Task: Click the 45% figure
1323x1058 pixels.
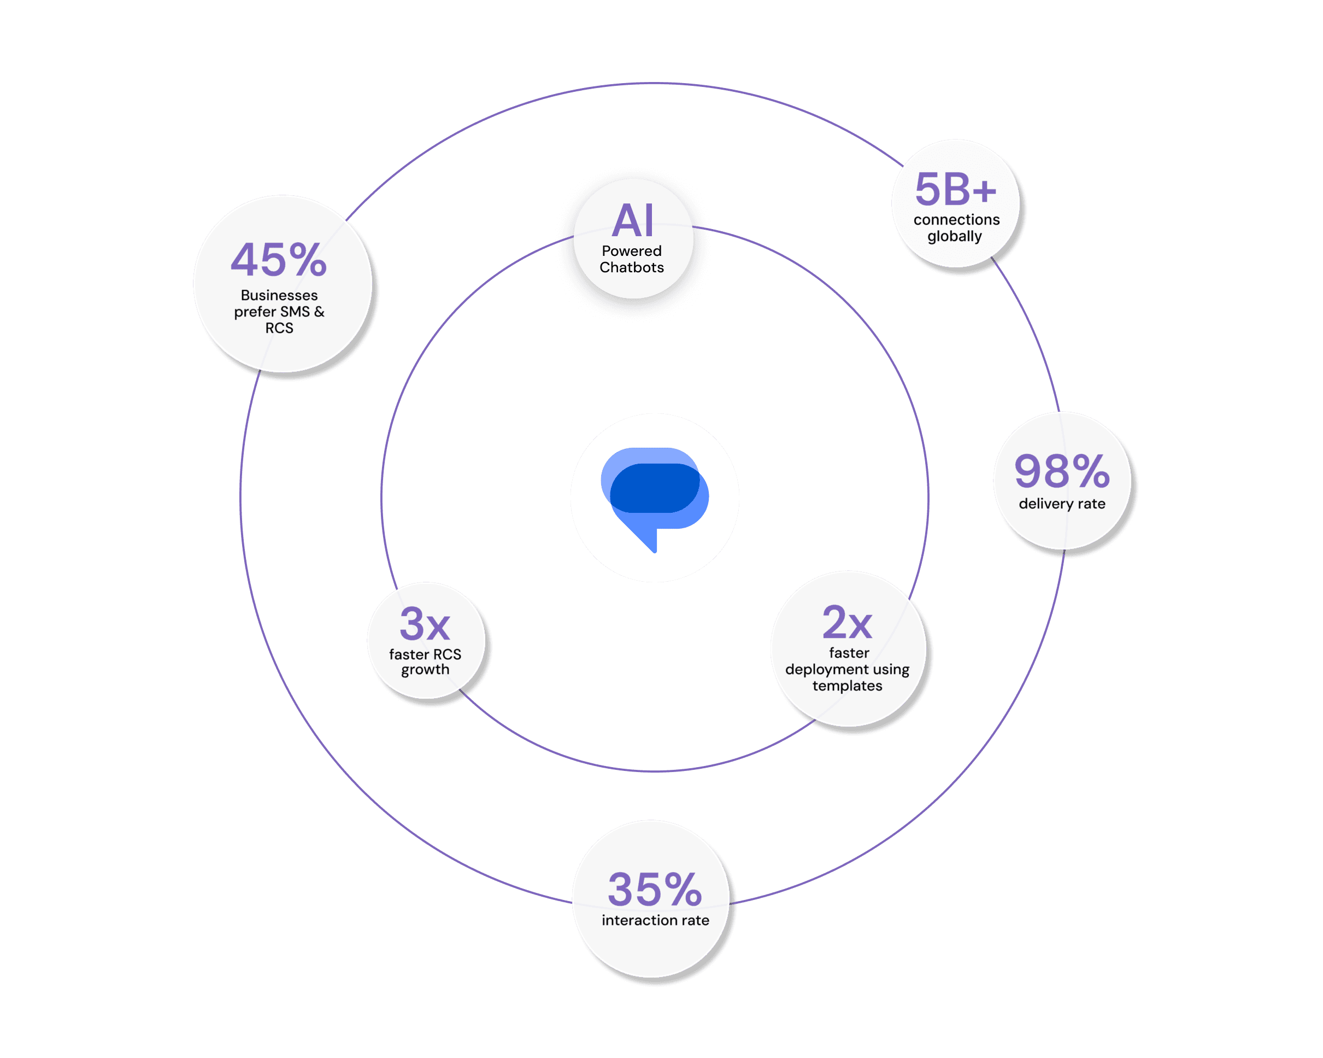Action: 279,260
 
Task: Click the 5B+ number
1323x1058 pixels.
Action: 955,189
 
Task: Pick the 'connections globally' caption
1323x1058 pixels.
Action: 956,228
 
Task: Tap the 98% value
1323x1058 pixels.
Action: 1062,471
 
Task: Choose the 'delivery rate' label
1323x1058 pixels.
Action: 1062,504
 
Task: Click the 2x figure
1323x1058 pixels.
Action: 848,623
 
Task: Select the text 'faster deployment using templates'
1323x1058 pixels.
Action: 848,669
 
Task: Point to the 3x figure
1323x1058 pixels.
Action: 425,624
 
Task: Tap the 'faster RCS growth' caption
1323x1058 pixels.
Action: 425,662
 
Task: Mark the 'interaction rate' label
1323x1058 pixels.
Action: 655,920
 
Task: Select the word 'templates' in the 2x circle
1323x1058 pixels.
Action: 848,686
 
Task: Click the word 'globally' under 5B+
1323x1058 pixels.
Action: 954,236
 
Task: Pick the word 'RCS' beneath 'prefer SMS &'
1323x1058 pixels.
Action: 279,328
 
